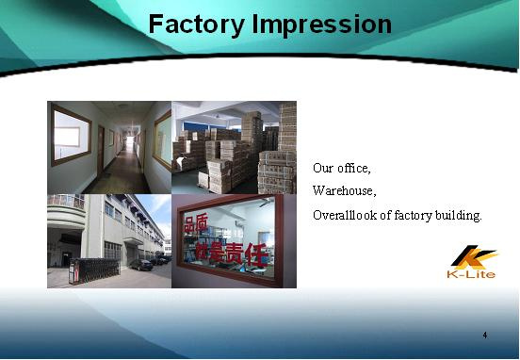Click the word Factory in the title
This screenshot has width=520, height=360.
tap(197, 25)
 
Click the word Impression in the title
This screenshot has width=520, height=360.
tap(322, 25)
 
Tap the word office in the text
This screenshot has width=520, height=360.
tap(354, 168)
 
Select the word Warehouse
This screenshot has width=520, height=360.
tap(344, 190)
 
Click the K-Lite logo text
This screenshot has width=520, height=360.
tap(471, 274)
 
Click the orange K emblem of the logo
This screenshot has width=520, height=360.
tap(473, 257)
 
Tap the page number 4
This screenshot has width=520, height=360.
tap(485, 335)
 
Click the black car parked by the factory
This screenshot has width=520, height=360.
tap(141, 265)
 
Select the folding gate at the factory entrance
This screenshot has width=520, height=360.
tap(94, 270)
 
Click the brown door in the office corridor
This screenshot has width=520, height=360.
tap(101, 152)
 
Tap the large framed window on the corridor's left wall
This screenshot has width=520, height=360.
tap(71, 135)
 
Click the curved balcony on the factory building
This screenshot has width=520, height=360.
tap(66, 212)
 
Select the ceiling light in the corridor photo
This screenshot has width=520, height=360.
tap(123, 106)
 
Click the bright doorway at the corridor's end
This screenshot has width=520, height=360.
tap(130, 142)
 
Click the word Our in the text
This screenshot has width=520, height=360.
tap(323, 168)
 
